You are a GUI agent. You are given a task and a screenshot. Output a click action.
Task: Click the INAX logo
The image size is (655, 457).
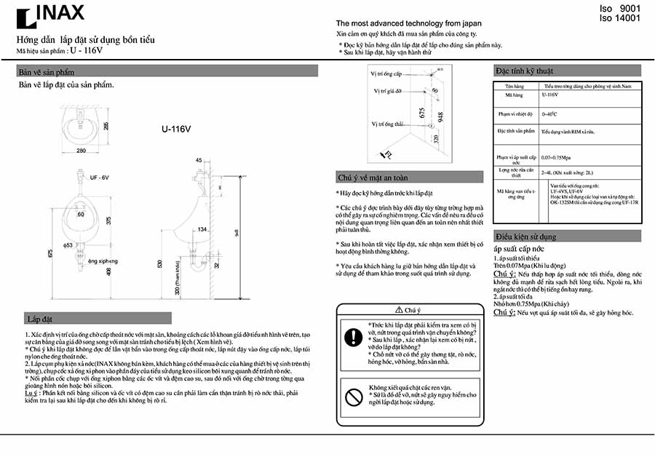click(50, 15)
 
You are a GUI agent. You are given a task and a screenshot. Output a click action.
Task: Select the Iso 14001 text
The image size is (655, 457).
click(619, 18)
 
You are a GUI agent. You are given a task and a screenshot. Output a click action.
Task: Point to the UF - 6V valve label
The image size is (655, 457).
click(99, 178)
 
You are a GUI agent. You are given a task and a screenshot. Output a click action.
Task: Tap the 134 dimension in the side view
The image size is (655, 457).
click(203, 229)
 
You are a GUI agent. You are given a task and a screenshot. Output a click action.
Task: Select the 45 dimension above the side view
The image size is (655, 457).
click(199, 160)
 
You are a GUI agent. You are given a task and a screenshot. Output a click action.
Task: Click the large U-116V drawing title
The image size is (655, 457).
click(176, 130)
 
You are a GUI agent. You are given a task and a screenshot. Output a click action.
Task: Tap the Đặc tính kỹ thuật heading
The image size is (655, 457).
click(524, 71)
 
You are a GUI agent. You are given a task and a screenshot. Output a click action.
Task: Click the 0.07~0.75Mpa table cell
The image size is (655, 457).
click(557, 157)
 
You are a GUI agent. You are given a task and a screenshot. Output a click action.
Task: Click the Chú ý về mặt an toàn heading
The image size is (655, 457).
click(372, 177)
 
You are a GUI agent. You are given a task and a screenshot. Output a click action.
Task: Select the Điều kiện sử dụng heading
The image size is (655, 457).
click(525, 237)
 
